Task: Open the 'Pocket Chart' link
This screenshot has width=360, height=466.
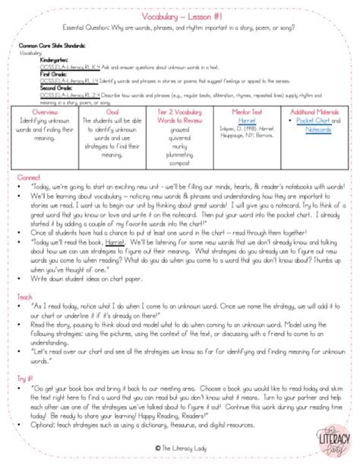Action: [310, 121]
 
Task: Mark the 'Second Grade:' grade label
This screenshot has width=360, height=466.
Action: [41, 87]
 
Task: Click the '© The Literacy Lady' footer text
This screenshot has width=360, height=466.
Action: [179, 448]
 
